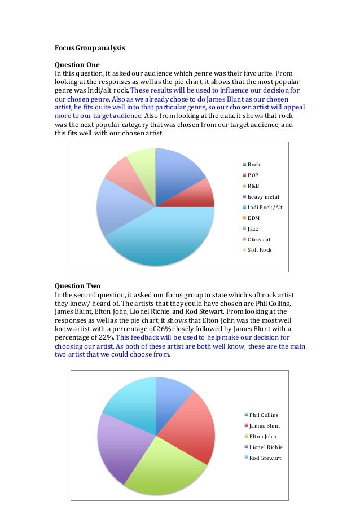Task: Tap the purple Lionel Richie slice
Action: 116,446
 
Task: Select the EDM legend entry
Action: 253,218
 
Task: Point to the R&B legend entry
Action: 254,186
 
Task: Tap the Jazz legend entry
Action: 254,228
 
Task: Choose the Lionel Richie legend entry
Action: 265,447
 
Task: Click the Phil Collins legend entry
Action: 264,415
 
